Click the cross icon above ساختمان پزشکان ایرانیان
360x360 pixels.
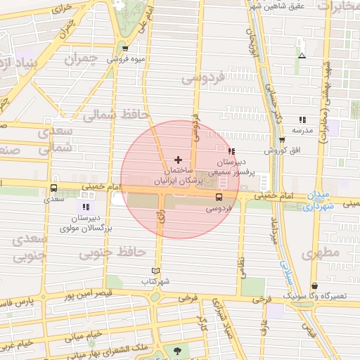pyautogui.click(x=178, y=160)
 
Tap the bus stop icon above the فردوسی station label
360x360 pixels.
pyautogui.click(x=218, y=198)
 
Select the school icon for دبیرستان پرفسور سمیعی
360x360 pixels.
pyautogui.click(x=231, y=151)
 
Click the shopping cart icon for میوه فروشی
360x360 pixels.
pyautogui.click(x=125, y=49)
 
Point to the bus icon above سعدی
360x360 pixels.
pyautogui.click(x=54, y=188)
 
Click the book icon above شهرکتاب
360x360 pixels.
pyautogui.click(x=156, y=271)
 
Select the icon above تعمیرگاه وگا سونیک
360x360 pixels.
pyautogui.click(x=314, y=285)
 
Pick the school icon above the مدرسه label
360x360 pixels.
pyautogui.click(x=302, y=120)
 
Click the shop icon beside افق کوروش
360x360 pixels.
pyautogui.click(x=282, y=140)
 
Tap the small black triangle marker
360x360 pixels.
pyautogui.click(x=302, y=56)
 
